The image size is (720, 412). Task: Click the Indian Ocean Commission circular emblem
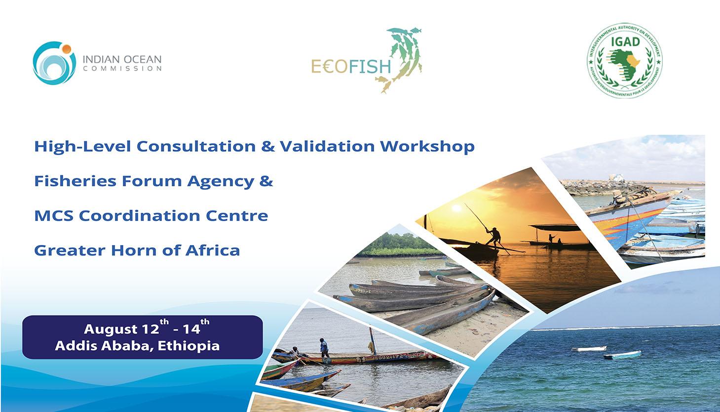tap(54, 64)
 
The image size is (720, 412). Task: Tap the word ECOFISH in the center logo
tap(351, 66)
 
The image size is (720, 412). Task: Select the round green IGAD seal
tap(624, 60)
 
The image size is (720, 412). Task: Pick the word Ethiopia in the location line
tap(190, 345)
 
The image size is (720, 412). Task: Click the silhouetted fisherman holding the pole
tap(493, 236)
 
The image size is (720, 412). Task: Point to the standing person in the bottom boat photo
tap(324, 348)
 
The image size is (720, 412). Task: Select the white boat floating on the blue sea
tap(589, 349)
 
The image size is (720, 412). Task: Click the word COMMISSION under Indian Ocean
tap(122, 69)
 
